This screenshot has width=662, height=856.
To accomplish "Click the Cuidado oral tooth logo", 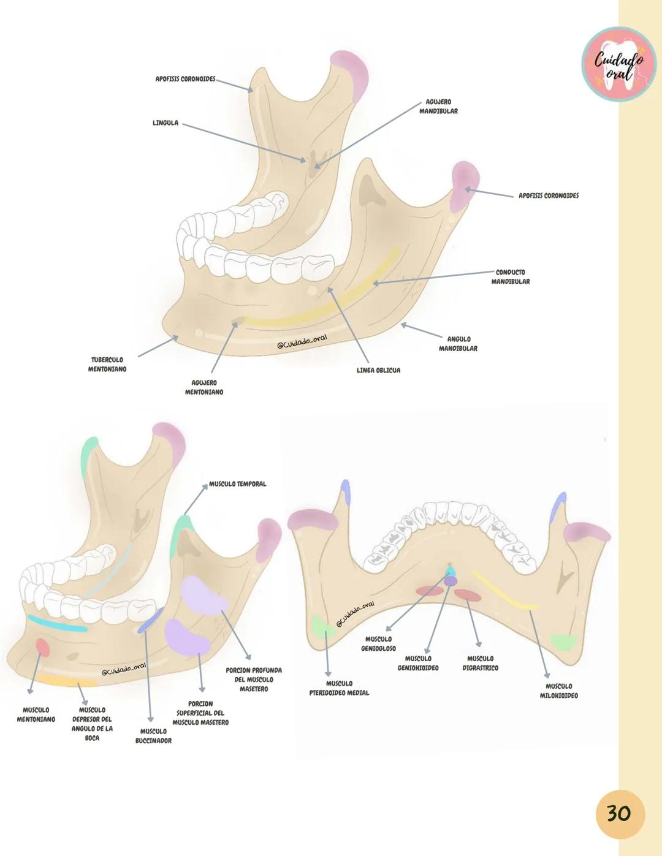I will coord(618,64).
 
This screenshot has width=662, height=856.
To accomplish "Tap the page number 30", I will coord(618,814).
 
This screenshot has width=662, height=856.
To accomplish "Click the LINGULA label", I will coord(165,123).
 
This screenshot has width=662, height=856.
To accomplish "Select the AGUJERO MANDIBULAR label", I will coord(438,107).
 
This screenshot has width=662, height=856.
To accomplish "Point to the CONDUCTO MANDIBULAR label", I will coord(510,277).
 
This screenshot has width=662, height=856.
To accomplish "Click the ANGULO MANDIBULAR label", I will coord(458,344).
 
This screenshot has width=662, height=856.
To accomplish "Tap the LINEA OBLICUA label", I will coord(378,371).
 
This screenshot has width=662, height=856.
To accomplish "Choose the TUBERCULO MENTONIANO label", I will coord(107,365).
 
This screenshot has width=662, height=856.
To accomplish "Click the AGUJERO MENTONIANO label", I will coord(204,387).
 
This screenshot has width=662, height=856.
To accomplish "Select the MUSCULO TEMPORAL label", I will coord(238,484).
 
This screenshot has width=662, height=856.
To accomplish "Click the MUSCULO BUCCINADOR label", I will coord(153,736).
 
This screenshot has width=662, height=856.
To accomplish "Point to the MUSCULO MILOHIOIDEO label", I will coord(558,691).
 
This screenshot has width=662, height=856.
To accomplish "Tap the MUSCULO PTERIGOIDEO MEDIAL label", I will coord(339,688).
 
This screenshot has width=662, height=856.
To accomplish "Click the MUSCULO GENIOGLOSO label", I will coord(378,643).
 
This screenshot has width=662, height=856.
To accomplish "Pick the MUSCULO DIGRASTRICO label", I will coord(480,663).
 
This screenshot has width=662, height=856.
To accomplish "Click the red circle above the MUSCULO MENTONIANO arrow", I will coord(42,647).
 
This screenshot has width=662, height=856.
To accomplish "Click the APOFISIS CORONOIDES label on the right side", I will coord(549,196).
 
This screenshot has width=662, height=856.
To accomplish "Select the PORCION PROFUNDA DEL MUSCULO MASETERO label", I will coord(254,680).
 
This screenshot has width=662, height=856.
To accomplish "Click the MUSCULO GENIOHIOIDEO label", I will coord(418,663).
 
